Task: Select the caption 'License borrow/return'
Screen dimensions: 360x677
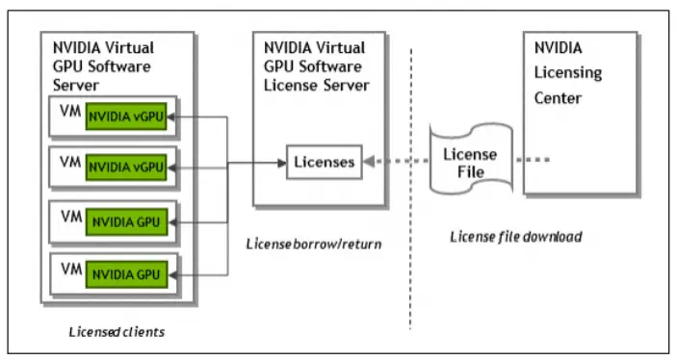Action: click(x=316, y=244)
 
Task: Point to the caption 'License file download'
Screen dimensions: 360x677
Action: click(x=516, y=236)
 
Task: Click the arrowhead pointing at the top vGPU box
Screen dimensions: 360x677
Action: click(x=174, y=116)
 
